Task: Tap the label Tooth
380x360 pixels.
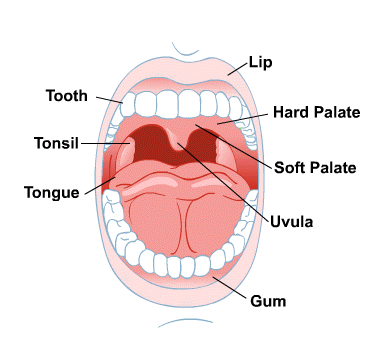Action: (67, 97)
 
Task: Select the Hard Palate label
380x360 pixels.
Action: (315, 115)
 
